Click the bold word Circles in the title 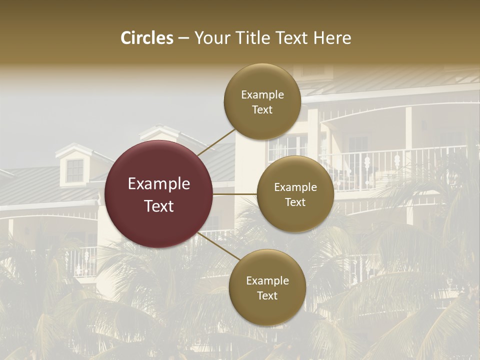146,38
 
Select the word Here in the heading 332,38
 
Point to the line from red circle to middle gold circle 235,194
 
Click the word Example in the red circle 158,184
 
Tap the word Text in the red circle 158,206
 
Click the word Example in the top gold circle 262,95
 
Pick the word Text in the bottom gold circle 267,295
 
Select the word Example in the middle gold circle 295,187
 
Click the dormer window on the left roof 75,170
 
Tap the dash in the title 183,38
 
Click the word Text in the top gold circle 262,109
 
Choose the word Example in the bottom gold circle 267,281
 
